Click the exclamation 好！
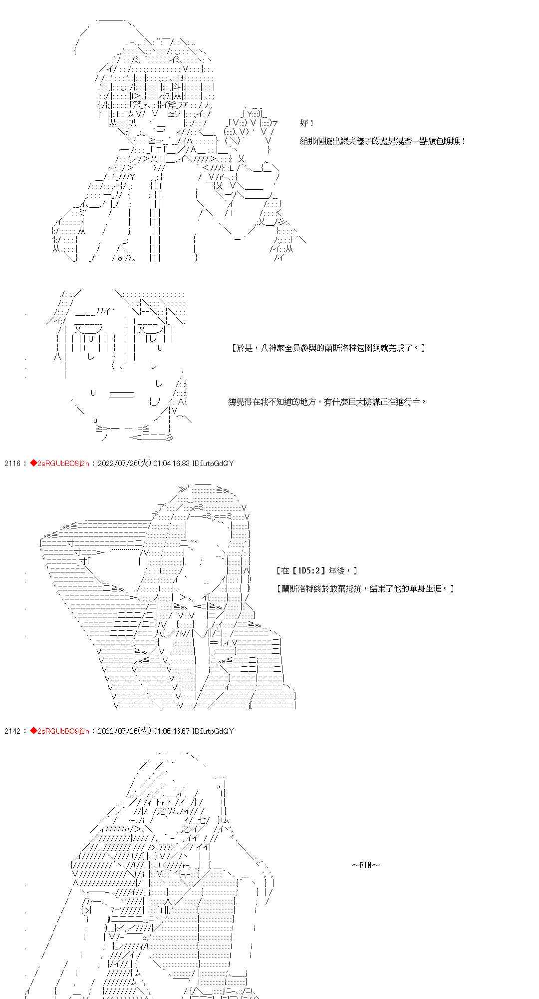click(307, 123)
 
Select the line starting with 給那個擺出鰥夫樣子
click(383, 141)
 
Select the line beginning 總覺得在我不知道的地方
click(327, 401)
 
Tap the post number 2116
click(12, 464)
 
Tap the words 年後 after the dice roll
click(340, 570)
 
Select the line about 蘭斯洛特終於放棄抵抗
click(365, 588)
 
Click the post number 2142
click(12, 731)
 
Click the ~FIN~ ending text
click(366, 865)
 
